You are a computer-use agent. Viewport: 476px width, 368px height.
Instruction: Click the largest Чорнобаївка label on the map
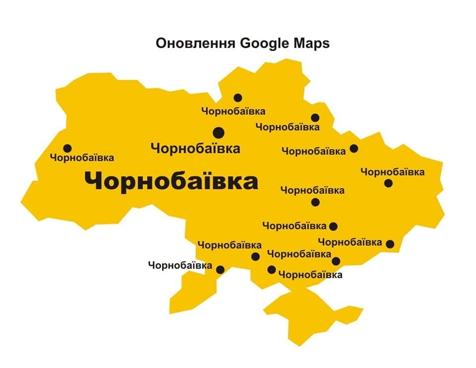click(171, 181)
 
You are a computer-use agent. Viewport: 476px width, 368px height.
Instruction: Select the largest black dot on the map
click(218, 132)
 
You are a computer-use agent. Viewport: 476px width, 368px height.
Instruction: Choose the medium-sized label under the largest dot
click(195, 148)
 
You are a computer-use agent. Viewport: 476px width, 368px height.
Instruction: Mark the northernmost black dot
click(238, 98)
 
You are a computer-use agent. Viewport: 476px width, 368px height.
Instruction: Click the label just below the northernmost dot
click(233, 111)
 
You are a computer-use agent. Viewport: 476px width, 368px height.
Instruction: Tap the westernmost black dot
click(67, 148)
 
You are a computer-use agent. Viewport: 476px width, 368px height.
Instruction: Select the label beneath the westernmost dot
click(82, 158)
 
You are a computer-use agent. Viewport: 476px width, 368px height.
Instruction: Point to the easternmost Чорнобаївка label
click(392, 172)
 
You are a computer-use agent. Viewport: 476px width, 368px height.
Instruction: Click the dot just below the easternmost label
click(388, 183)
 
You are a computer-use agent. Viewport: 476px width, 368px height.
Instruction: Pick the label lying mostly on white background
click(180, 265)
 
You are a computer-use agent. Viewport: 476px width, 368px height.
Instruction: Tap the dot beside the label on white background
click(220, 269)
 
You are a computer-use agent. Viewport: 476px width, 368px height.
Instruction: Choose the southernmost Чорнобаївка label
click(310, 274)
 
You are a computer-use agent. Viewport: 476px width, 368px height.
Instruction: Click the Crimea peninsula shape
click(307, 312)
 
